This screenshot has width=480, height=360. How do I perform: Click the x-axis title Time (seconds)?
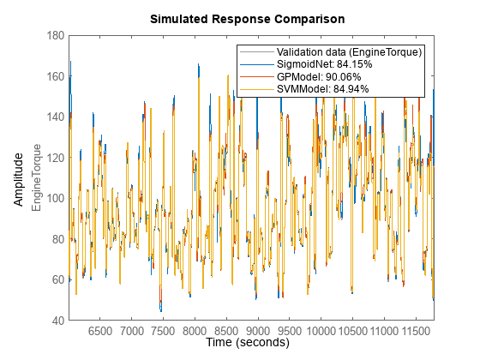(248, 342)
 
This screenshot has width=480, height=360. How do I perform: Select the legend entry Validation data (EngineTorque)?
(343, 52)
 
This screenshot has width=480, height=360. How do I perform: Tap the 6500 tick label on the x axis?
(100, 330)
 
